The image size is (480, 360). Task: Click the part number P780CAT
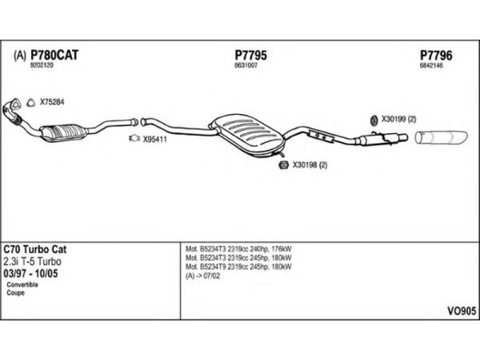(55, 55)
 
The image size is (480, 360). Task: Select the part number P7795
(250, 55)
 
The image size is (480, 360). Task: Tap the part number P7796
(436, 55)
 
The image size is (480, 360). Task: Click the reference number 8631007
(245, 65)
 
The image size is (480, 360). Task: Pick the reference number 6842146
(431, 65)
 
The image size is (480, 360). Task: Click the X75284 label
(52, 103)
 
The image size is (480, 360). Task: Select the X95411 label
(154, 139)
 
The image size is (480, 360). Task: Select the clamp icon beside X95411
(134, 139)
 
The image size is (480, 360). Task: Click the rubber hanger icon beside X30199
(372, 119)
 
